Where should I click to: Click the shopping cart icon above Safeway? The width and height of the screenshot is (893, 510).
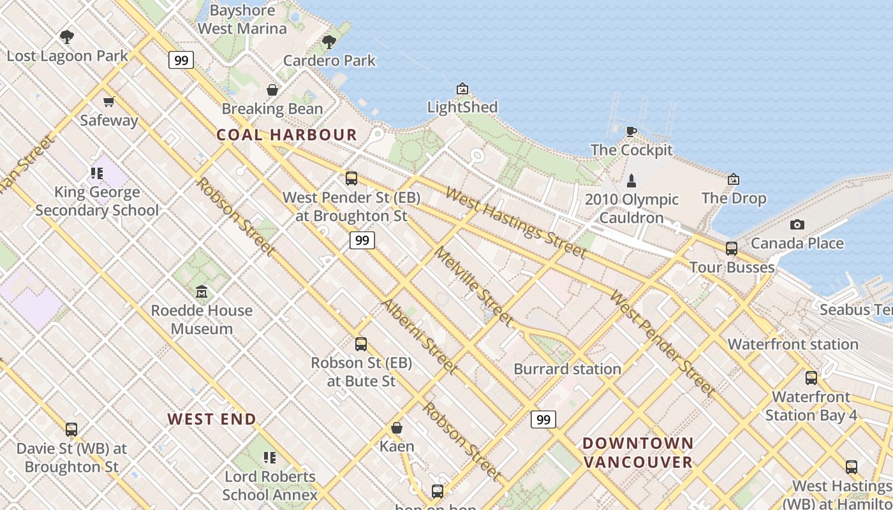click(x=108, y=101)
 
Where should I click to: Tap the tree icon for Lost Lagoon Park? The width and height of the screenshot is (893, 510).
click(x=66, y=36)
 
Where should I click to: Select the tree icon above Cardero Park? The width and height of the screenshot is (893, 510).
click(x=329, y=42)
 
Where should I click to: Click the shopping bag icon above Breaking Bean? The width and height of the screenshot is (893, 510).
click(x=272, y=90)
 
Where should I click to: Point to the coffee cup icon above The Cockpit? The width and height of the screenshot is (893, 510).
click(x=631, y=131)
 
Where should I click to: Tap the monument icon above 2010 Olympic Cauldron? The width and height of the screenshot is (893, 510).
click(x=631, y=180)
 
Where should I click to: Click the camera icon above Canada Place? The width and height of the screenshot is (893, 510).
click(x=797, y=224)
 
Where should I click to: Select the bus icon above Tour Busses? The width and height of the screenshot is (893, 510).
click(x=732, y=249)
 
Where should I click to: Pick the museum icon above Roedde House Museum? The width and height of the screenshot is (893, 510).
click(x=202, y=292)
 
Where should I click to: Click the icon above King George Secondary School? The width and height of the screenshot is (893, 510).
click(x=97, y=173)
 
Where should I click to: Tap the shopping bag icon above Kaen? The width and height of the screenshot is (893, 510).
click(x=397, y=428)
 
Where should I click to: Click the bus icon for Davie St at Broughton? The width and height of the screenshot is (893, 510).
click(x=71, y=430)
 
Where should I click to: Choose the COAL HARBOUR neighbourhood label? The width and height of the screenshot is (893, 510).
click(x=286, y=135)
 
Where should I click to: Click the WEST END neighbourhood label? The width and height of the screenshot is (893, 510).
click(x=212, y=419)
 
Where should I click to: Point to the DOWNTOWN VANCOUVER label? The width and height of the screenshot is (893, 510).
click(x=638, y=452)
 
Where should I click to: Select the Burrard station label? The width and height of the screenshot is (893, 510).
click(x=567, y=369)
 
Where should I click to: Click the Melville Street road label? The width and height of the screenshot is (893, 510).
click(x=473, y=285)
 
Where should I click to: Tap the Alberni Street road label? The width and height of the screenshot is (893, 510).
click(x=419, y=335)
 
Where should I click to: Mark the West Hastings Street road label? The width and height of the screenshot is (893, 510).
click(x=515, y=222)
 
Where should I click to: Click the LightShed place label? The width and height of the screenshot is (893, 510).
click(x=462, y=107)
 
